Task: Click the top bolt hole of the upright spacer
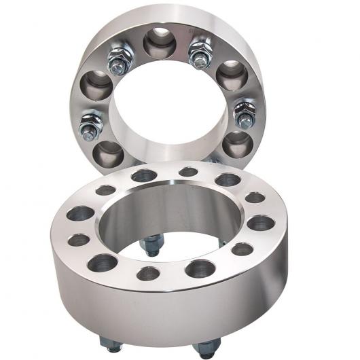[x=160, y=42]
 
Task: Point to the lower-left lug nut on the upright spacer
[x=91, y=126]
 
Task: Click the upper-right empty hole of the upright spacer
[x=232, y=74]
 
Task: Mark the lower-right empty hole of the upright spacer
[x=238, y=143]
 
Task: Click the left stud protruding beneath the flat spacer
[x=110, y=344]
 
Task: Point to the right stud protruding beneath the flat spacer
[x=206, y=348]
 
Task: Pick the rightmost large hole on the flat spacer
[x=261, y=222]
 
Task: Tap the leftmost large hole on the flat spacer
[x=80, y=213]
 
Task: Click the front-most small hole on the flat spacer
[x=148, y=274]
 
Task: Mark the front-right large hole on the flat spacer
[x=200, y=268]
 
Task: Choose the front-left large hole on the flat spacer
[x=103, y=262]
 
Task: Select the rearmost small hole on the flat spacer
[x=188, y=172]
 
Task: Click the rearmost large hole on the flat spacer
[x=144, y=176]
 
